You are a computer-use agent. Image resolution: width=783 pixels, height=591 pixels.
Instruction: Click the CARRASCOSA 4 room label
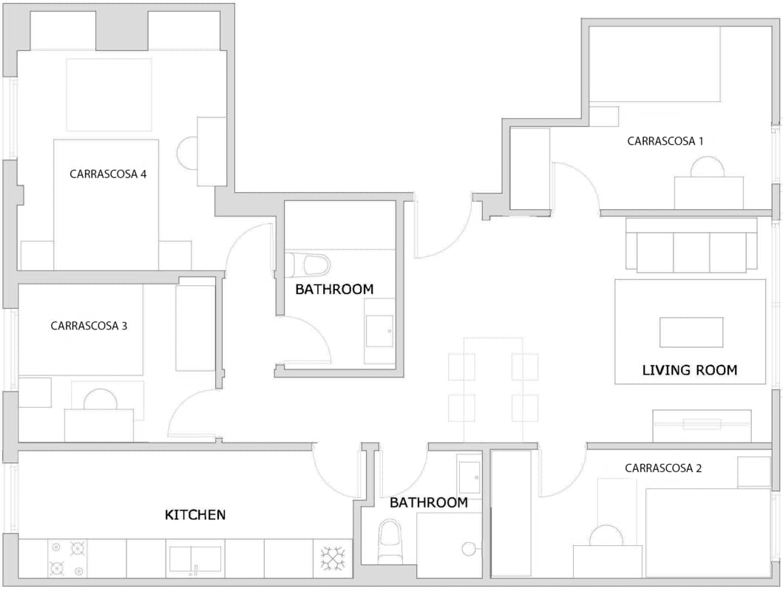108,174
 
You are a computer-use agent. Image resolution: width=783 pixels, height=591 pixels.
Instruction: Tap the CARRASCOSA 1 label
665,141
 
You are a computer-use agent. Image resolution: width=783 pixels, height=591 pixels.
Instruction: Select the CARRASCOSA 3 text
89,326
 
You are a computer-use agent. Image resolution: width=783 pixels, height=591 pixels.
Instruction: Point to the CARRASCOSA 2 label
663,468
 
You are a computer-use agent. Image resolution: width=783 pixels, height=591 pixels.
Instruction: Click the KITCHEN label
195,515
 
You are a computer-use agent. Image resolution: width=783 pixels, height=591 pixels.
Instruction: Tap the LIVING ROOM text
690,370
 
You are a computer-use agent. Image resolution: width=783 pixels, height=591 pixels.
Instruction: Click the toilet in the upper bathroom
308,264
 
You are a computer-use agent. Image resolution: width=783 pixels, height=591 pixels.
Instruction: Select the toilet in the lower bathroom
390,539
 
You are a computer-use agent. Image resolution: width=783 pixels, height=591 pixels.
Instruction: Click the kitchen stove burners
67,558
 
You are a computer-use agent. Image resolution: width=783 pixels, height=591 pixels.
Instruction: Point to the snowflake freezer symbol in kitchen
333,558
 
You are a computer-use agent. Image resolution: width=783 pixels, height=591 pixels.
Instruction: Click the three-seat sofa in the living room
691,245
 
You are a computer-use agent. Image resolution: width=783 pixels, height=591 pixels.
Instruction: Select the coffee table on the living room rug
691,332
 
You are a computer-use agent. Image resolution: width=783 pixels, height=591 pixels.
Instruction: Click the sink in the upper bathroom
379,331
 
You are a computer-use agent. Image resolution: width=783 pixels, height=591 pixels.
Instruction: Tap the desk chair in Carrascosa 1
707,166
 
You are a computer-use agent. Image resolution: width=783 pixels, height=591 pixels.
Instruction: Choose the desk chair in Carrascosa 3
101,399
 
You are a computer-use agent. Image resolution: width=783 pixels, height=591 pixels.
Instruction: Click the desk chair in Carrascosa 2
606,536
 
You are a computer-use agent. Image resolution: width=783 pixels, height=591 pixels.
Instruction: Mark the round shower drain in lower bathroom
469,549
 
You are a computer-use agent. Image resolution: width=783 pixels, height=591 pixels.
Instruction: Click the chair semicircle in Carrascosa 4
187,153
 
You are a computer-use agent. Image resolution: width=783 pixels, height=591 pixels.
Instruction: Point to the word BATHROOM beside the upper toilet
334,290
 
